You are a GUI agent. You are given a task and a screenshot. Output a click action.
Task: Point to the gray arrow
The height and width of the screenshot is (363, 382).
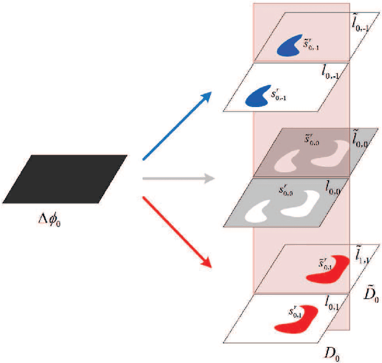pos(178,178)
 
